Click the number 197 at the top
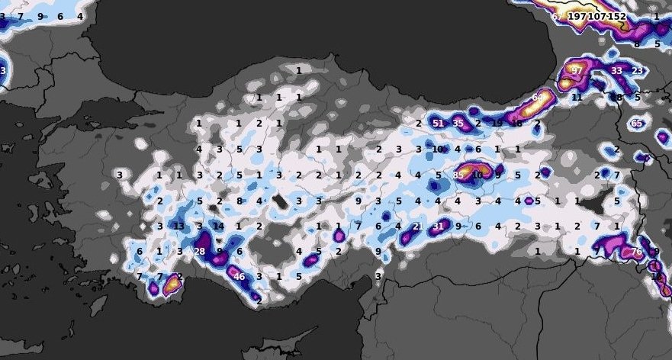coord(577,16)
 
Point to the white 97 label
coord(577,71)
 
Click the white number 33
coord(616,71)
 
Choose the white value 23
coord(637,71)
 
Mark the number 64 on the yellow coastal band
coord(538,98)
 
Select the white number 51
coord(438,123)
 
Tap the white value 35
coord(458,123)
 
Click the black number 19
coord(497,123)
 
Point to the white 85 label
coord(458,175)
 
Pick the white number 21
coord(417,227)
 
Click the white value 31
coord(438,227)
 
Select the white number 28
coord(200,252)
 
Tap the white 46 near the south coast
coord(240,277)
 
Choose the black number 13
coord(178,227)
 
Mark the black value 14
coord(219,227)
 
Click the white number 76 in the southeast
coord(637,252)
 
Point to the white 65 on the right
coord(637,123)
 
